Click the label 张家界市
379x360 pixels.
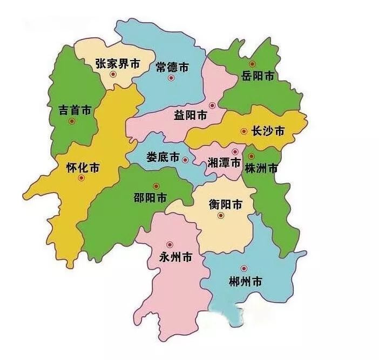tap(117, 63)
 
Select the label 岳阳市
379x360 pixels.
tap(258, 76)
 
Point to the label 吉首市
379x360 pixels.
tap(75, 110)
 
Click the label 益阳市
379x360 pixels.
tap(190, 115)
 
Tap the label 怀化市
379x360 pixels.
tap(82, 167)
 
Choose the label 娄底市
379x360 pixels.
tap(163, 157)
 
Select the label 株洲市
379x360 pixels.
tap(261, 168)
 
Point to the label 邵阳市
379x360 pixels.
tap(150, 198)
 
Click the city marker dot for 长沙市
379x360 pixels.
tap(244, 131)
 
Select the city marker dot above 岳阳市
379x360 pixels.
tap(252, 64)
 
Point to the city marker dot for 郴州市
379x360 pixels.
tap(243, 268)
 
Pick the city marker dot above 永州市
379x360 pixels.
tap(170, 244)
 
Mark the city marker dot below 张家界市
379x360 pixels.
tap(113, 75)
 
